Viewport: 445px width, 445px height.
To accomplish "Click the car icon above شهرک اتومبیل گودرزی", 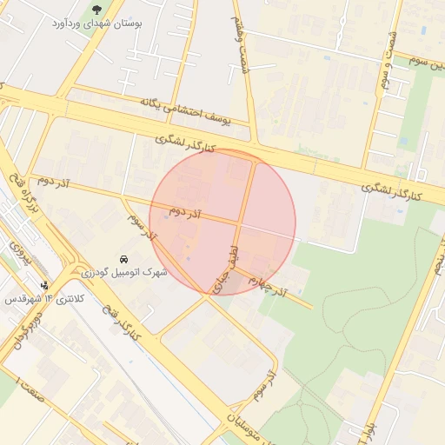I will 125,259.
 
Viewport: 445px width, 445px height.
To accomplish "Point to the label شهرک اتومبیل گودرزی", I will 125,272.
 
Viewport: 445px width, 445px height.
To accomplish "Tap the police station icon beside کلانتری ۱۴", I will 44,285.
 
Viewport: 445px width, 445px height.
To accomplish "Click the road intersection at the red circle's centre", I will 238,223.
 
